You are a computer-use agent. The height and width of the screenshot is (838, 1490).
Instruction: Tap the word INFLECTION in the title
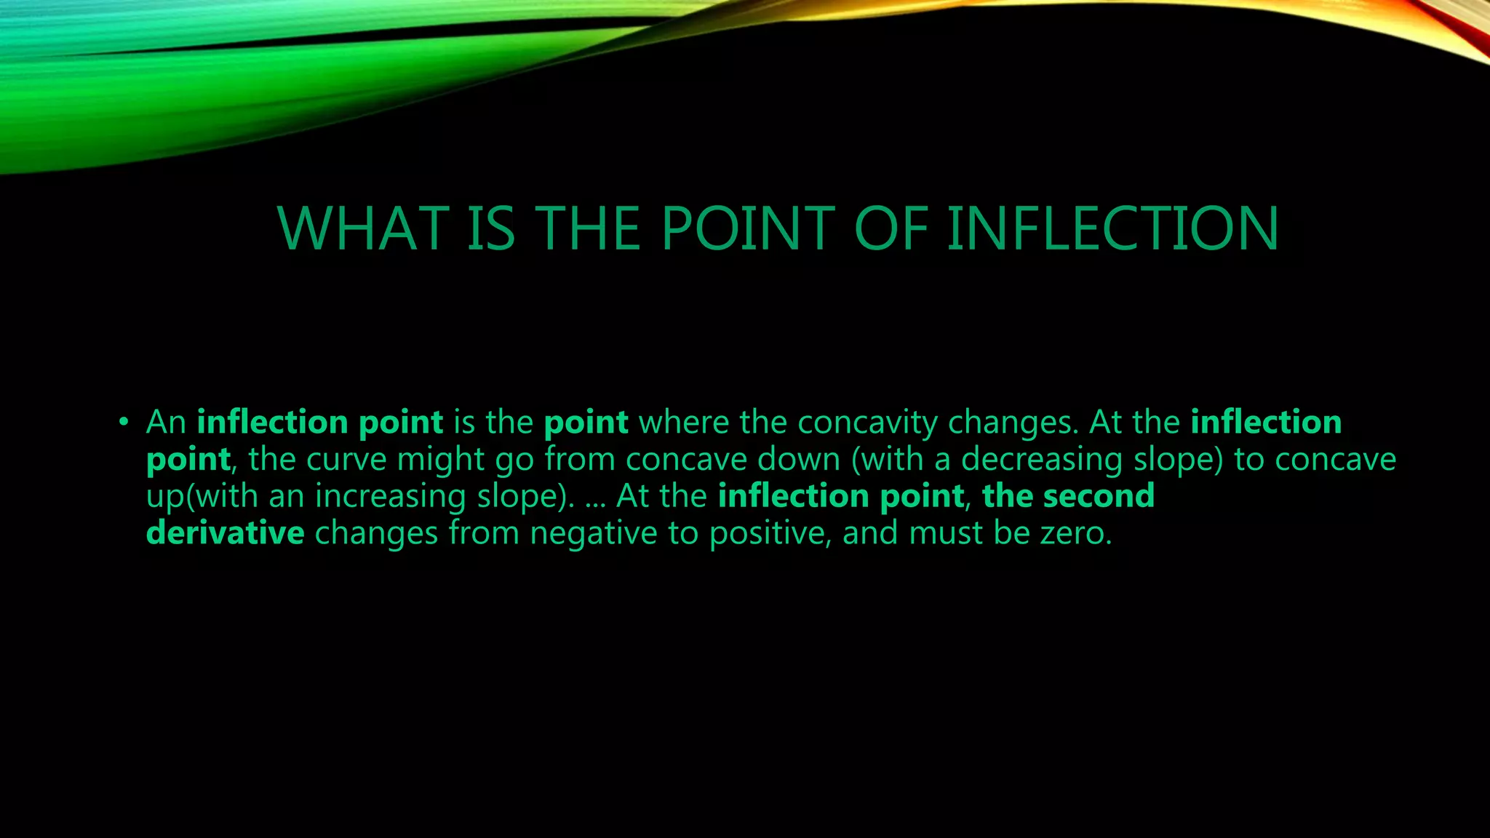(x=1112, y=228)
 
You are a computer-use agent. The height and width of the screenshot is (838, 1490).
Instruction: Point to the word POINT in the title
(x=749, y=228)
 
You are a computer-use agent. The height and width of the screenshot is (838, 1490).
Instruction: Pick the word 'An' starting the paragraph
(x=166, y=422)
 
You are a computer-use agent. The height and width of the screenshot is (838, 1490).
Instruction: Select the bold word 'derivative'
(x=225, y=533)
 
